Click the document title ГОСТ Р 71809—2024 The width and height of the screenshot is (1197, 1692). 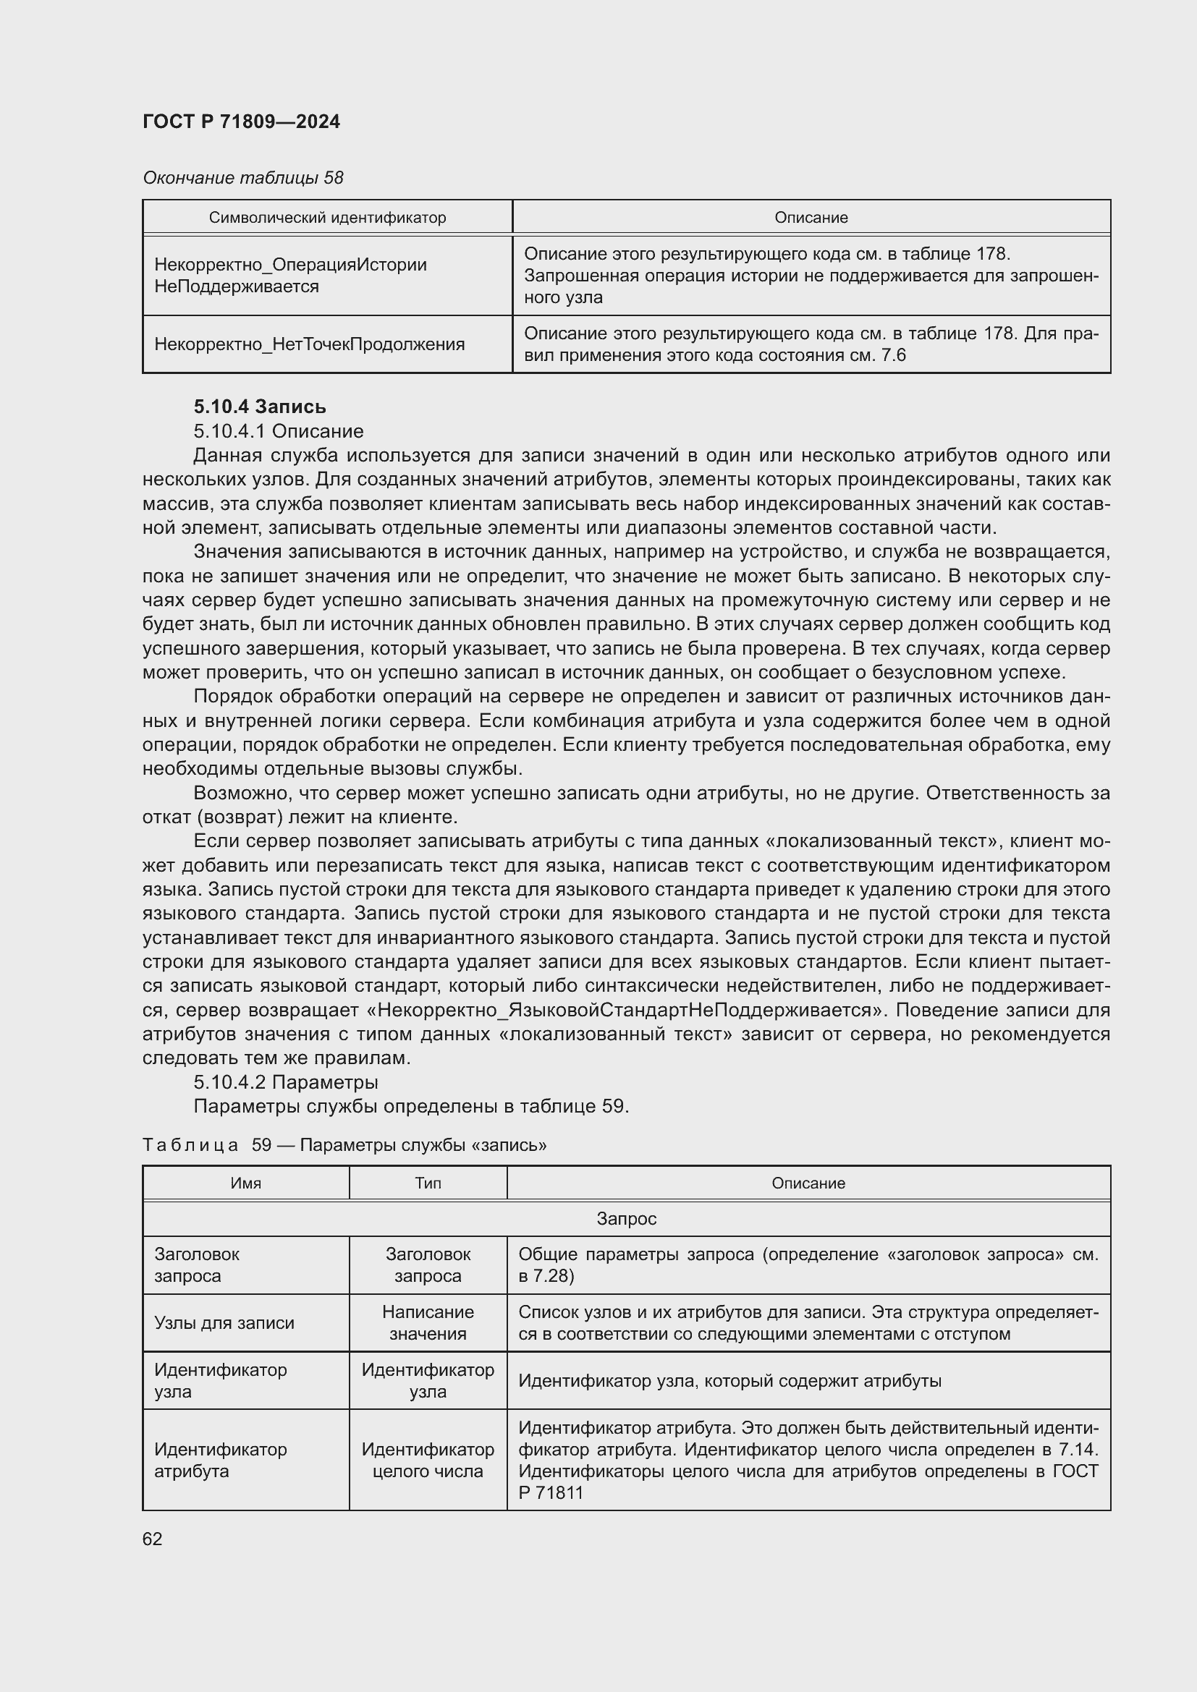click(x=241, y=122)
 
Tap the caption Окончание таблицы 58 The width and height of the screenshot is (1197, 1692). click(x=242, y=178)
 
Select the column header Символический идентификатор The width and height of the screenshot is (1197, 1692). click(x=327, y=218)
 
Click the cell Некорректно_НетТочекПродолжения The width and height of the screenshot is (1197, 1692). click(x=309, y=344)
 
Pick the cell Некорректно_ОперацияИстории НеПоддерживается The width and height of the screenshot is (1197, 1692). click(x=290, y=276)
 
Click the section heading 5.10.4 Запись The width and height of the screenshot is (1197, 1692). click(x=260, y=407)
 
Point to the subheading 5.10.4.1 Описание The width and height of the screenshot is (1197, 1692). click(x=278, y=431)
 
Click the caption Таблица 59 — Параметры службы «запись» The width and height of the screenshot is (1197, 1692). click(x=344, y=1144)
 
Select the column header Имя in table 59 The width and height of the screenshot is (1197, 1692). click(x=245, y=1183)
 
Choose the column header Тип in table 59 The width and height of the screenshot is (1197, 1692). click(x=428, y=1183)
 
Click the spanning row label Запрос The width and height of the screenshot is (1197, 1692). click(x=626, y=1218)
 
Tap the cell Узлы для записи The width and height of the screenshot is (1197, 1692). click(x=224, y=1323)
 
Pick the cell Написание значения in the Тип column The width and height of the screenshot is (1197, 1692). click(x=428, y=1323)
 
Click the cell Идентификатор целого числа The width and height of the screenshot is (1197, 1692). click(x=428, y=1460)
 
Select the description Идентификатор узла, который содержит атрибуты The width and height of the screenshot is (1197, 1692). click(x=729, y=1380)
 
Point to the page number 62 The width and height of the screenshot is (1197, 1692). click(x=152, y=1539)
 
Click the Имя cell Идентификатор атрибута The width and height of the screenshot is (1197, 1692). click(x=220, y=1460)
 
